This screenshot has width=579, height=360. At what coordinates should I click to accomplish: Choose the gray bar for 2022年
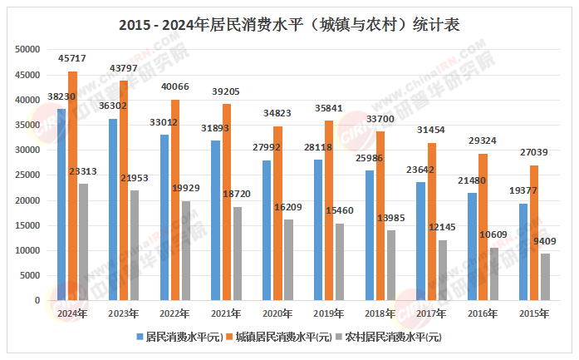[186, 250]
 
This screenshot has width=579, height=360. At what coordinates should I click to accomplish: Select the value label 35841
[330, 108]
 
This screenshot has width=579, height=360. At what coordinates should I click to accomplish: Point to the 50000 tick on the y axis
[28, 50]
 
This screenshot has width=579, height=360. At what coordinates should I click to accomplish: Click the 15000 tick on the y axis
[28, 225]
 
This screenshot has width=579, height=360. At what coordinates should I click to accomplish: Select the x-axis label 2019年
[330, 313]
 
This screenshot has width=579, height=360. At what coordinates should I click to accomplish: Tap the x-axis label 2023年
[124, 313]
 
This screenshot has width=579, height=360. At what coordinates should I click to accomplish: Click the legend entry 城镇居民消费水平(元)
[283, 338]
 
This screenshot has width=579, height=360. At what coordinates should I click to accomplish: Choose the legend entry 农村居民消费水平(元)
[393, 338]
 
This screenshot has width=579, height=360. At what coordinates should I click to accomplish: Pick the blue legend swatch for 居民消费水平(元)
[140, 338]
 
